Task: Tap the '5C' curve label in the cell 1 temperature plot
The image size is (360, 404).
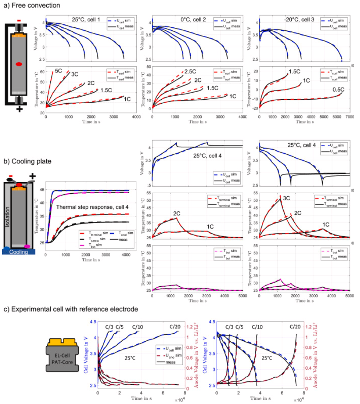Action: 58,71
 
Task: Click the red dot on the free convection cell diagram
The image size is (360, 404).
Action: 19,64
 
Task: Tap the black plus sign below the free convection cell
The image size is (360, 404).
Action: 19,109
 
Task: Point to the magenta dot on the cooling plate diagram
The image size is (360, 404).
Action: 27,246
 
